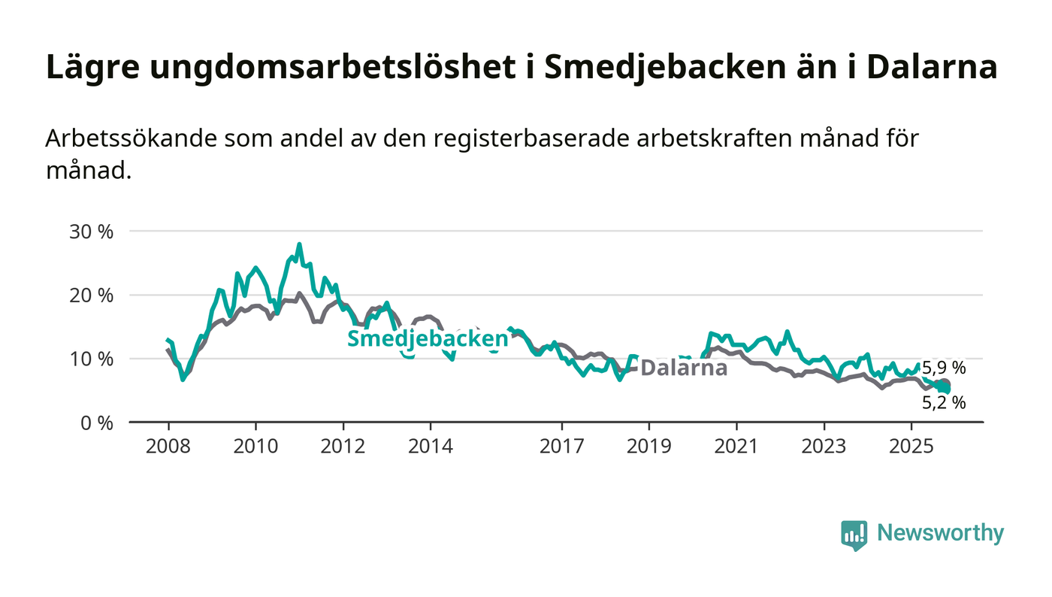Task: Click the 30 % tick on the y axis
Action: (91, 232)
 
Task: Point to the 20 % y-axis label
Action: (91, 295)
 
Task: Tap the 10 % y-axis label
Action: (91, 359)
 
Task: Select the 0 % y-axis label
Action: (95, 423)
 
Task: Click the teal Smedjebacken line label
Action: (428, 338)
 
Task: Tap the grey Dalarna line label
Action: (684, 368)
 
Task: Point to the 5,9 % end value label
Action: (944, 368)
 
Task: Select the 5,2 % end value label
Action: (944, 403)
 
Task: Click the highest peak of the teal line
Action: (299, 244)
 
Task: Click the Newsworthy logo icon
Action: (854, 535)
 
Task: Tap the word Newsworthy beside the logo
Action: (940, 533)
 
